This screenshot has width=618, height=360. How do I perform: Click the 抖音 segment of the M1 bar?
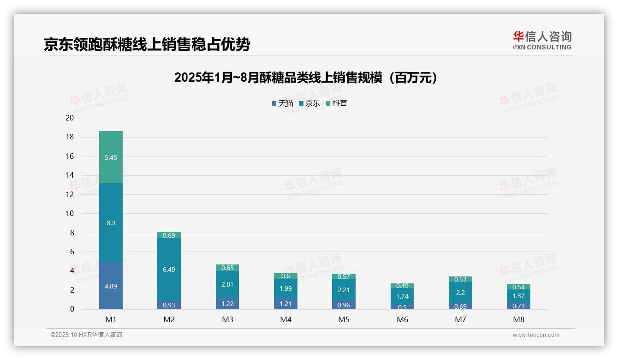(x=111, y=157)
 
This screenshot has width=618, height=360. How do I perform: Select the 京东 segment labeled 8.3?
(x=111, y=223)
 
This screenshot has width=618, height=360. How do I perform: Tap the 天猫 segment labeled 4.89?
(x=111, y=286)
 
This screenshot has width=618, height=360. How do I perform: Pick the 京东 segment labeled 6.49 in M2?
(x=169, y=270)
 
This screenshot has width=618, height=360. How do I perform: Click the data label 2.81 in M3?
(x=227, y=285)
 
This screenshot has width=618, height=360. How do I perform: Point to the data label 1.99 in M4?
(x=285, y=288)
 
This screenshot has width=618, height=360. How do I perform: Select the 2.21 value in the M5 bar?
(x=344, y=290)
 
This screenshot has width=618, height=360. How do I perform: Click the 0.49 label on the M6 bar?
(x=402, y=286)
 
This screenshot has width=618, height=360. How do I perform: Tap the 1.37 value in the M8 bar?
(x=518, y=296)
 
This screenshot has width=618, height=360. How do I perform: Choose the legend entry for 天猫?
(x=282, y=103)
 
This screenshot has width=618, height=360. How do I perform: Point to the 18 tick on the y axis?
(x=70, y=137)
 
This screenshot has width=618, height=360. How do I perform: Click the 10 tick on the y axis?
(x=70, y=213)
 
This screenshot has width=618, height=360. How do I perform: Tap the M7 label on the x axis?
(x=460, y=319)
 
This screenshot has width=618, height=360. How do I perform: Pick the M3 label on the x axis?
(x=227, y=319)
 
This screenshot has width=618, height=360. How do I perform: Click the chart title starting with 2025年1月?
(x=306, y=78)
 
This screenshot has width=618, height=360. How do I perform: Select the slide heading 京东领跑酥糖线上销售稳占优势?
(x=147, y=44)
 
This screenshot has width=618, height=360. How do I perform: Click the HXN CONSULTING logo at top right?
(x=542, y=41)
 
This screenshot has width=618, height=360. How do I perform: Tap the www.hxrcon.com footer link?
(x=535, y=335)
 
